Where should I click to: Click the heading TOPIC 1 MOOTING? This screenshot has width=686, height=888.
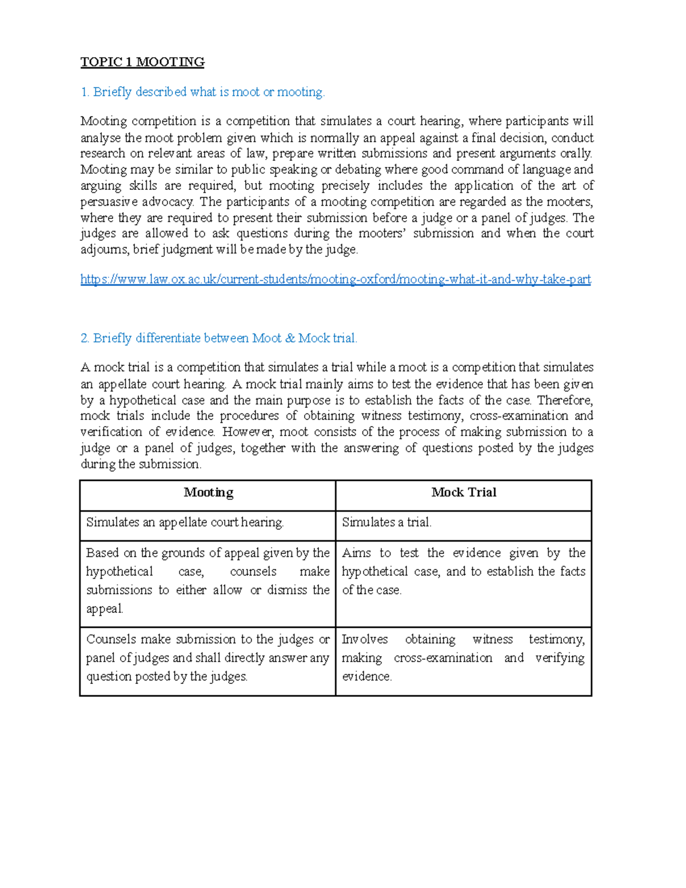click(142, 62)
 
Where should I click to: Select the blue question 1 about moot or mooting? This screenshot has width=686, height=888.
click(202, 92)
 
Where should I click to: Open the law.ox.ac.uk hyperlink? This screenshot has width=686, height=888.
click(336, 280)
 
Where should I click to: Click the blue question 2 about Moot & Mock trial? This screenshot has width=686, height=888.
click(219, 339)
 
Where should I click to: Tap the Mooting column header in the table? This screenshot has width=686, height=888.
click(208, 493)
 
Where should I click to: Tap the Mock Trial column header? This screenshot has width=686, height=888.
click(464, 493)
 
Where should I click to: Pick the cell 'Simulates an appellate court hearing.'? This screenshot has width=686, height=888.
click(185, 523)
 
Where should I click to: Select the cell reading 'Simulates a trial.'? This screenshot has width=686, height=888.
click(387, 523)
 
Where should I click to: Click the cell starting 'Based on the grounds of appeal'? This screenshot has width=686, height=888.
click(208, 580)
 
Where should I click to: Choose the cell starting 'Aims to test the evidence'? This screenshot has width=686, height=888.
click(464, 571)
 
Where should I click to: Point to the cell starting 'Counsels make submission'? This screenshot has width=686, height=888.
click(208, 658)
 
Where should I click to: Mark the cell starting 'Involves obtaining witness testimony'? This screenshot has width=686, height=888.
click(464, 658)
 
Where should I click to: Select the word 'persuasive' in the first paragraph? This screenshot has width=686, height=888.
click(109, 202)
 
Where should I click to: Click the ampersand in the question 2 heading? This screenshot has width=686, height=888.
click(290, 339)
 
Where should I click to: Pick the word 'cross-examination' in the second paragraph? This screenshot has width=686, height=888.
click(519, 416)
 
